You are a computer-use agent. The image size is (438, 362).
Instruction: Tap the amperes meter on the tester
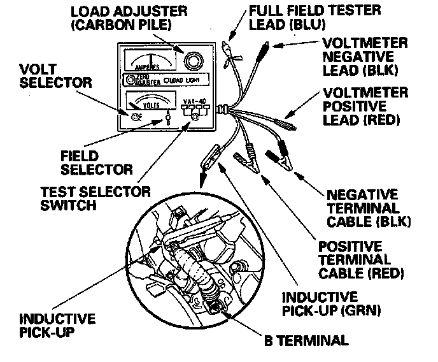pyautogui.click(x=148, y=61)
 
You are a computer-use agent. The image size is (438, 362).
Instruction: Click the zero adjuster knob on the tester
pyautogui.click(x=131, y=80)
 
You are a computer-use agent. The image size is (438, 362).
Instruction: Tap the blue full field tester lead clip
pyautogui.click(x=227, y=47)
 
